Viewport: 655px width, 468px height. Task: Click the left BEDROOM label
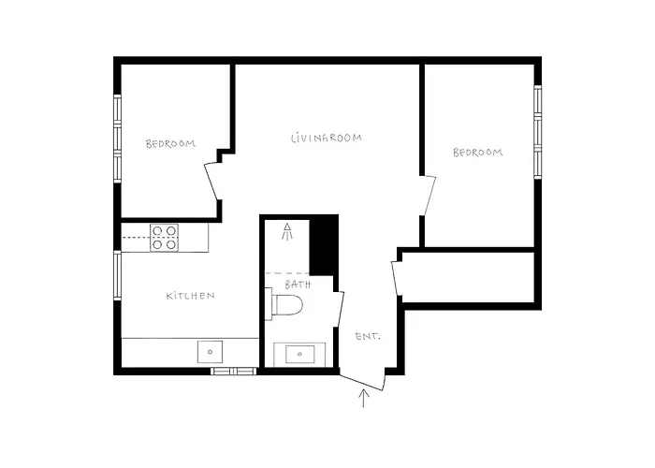coord(170,143)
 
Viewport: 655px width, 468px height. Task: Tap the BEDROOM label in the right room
coord(477,152)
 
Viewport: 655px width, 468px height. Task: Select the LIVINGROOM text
coord(326,138)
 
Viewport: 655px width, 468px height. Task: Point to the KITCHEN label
coord(191,296)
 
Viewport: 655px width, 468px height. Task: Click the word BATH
coord(298,283)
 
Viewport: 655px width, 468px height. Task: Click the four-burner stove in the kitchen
coord(165,238)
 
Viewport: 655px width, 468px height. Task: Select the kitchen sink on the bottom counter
coord(211,352)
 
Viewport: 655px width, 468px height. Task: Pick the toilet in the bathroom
coord(285,306)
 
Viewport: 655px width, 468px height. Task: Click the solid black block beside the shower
coord(323,244)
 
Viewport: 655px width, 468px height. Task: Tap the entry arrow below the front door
coord(365,400)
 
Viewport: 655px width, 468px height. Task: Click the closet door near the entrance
coord(398,278)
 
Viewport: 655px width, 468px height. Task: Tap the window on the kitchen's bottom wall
coord(233,371)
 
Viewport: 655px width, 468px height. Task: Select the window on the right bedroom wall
coord(538,131)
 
